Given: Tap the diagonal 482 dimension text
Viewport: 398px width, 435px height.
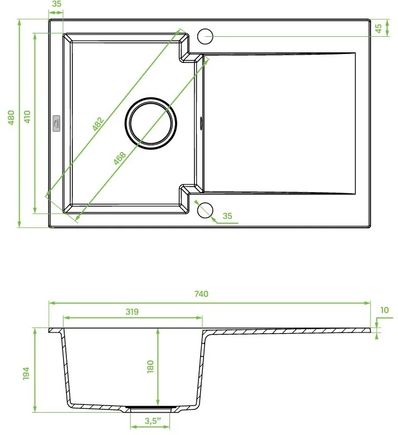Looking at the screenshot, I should (x=98, y=125).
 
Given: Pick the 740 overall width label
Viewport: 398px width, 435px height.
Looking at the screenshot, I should (x=201, y=295).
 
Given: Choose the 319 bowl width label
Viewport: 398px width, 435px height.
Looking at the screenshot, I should (x=132, y=311).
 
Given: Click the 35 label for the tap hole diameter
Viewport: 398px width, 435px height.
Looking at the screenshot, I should (x=227, y=216).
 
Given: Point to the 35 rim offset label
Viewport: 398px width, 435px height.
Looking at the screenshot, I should (x=56, y=4).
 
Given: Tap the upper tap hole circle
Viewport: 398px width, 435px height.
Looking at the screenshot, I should (x=205, y=36).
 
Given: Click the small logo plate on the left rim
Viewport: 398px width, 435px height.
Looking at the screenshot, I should (x=57, y=123).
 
